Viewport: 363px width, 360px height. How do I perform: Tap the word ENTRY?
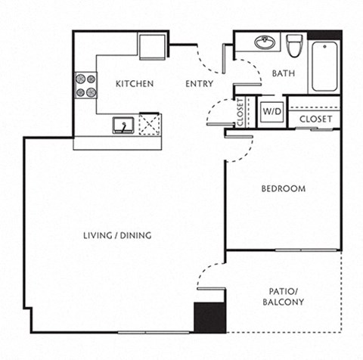click(x=198, y=84)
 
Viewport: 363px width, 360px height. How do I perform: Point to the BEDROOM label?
click(x=284, y=188)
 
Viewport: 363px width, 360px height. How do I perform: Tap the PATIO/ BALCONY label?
click(x=284, y=296)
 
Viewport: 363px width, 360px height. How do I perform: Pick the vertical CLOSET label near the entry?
click(x=240, y=112)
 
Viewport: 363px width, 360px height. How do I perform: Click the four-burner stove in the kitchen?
click(x=85, y=85)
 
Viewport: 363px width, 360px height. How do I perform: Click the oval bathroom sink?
click(x=265, y=42)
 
